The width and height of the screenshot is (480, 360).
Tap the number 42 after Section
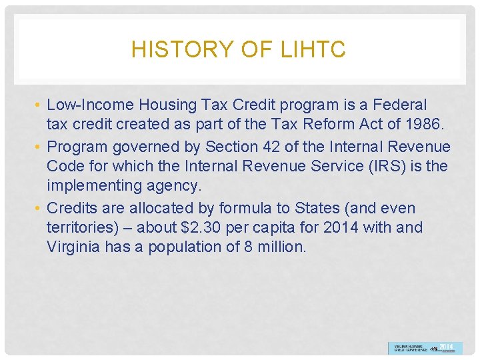tap(267, 147)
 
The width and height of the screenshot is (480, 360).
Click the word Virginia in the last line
tap(74, 247)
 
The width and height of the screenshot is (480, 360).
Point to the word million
tap(279, 247)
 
